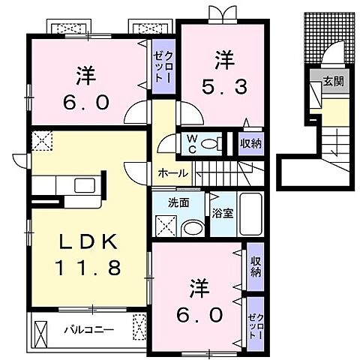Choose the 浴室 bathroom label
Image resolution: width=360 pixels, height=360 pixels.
tap(221, 213)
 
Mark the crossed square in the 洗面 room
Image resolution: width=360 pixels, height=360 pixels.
tap(164, 225)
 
